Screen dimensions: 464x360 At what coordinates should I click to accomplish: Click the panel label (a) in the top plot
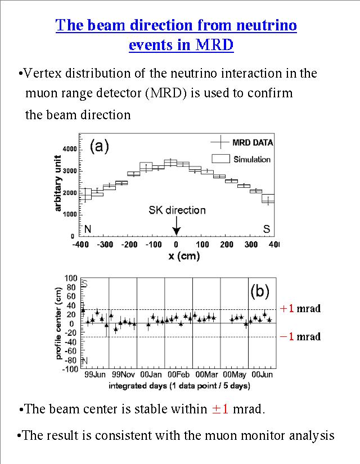pos(100,147)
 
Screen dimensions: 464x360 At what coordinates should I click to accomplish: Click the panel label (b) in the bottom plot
pos(260,291)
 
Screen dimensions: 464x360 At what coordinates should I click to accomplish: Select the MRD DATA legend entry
pos(252,143)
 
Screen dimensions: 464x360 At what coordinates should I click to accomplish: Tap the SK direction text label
pos(177,210)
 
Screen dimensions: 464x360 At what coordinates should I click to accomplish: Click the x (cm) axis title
pos(177,256)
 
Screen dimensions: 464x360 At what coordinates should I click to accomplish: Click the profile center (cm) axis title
pos(59,323)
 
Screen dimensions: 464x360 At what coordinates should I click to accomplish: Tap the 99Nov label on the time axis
pos(123,374)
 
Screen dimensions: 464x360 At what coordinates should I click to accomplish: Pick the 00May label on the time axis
pos(234,374)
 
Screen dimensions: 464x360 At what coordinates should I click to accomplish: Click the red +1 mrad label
pos(300,308)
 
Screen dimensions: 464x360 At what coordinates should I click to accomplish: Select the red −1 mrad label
pos(300,336)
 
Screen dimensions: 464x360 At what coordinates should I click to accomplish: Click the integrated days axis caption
pos(179,385)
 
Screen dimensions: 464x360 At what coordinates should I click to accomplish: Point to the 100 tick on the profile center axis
pos(70,278)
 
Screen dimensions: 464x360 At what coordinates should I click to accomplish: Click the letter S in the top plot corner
pos(267,229)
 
